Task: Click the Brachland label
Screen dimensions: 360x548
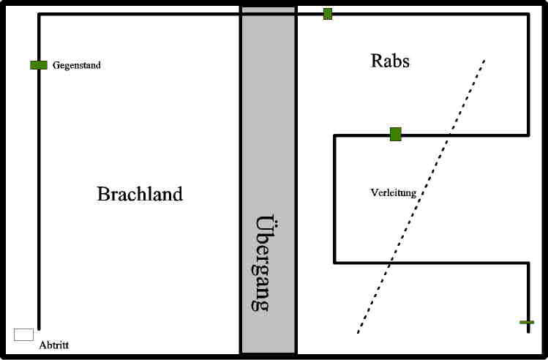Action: tap(140, 194)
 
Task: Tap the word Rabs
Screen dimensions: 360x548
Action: tap(390, 61)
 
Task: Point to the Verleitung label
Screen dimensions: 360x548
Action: tap(394, 193)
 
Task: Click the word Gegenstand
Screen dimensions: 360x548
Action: tap(77, 65)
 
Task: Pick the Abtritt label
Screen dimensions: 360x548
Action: tap(53, 345)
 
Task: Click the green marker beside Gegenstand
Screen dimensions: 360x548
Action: tap(39, 65)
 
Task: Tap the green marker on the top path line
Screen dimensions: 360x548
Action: tap(328, 14)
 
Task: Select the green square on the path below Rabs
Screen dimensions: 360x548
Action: tap(396, 134)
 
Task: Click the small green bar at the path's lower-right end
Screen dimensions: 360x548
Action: tap(527, 322)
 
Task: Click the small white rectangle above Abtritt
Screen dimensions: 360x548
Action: tap(23, 334)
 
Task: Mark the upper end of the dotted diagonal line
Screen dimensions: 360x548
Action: tap(484, 60)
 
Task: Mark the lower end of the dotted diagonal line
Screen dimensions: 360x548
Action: tap(358, 333)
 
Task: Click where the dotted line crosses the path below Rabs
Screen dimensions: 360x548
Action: tap(449, 135)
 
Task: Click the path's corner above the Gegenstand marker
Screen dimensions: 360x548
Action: tap(39, 14)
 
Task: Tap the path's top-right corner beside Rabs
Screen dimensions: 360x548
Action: tap(528, 14)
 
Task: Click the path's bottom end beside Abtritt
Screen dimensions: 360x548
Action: tap(39, 329)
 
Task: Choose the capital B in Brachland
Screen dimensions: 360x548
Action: tap(103, 194)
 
